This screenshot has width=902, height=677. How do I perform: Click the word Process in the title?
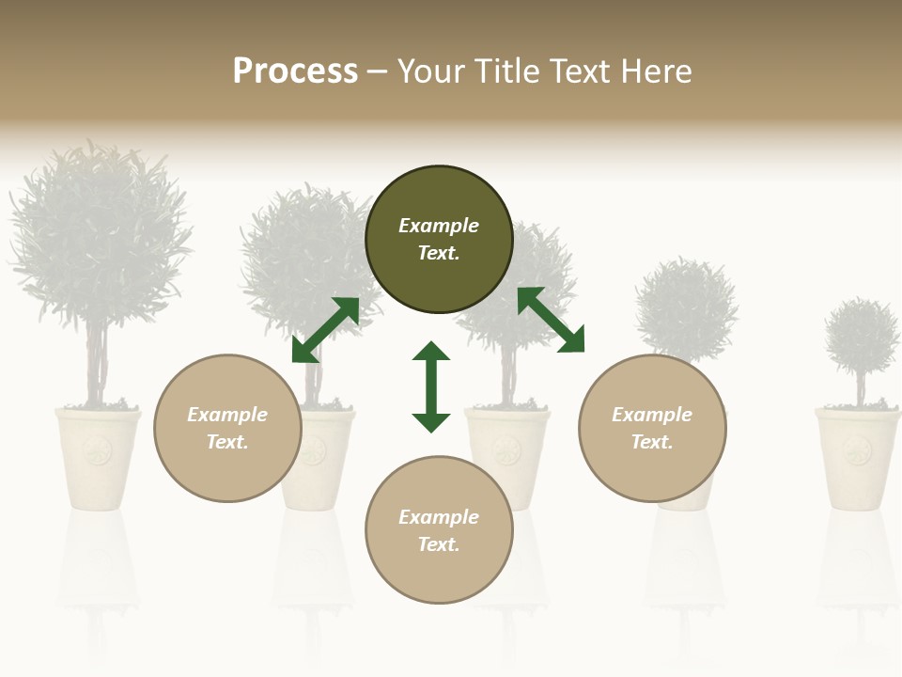coord(295,71)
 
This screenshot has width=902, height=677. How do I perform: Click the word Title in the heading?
coord(506,71)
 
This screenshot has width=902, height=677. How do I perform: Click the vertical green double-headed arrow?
coord(431,386)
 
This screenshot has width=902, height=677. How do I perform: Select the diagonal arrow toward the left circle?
coord(325,330)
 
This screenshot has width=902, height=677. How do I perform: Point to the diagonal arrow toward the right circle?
coord(551,320)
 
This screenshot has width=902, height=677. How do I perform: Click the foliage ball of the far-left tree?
coord(99,235)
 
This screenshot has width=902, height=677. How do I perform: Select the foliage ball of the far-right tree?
coord(862,337)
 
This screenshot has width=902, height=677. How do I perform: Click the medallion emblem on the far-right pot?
coord(856,452)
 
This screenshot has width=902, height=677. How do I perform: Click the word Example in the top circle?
coord(439,226)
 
